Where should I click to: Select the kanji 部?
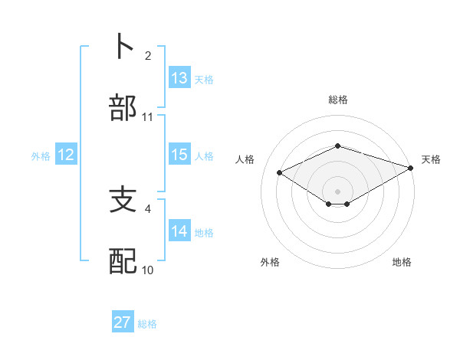[123, 106]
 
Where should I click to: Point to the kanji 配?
[123, 260]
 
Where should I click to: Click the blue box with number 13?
[179, 78]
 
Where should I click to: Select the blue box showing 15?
[179, 155]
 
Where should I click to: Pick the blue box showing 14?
[179, 231]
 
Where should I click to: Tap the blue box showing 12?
[66, 155]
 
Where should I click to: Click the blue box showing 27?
[123, 322]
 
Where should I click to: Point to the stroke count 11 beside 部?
[148, 117]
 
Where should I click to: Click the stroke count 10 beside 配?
[148, 270]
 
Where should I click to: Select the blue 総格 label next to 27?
[147, 324]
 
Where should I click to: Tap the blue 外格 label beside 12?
[41, 156]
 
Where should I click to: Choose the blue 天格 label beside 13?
[204, 80]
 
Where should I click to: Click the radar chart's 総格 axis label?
[338, 100]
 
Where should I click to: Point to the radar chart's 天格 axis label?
[431, 159]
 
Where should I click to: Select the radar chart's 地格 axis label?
[402, 262]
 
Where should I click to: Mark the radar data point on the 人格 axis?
[280, 172]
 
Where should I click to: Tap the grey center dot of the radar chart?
[338, 191]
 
